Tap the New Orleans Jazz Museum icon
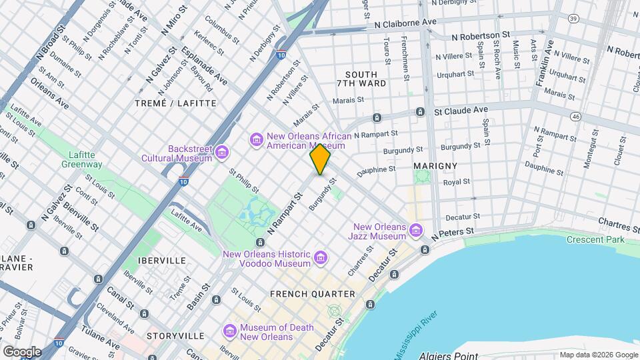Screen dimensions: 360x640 click(417, 231)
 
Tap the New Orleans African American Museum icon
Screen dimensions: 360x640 click(256, 139)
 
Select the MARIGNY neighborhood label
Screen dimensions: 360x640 click(435, 165)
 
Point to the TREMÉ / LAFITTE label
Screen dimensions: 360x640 click(175, 103)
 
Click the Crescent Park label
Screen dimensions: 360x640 click(595, 240)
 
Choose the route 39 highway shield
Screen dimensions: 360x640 click(573, 19)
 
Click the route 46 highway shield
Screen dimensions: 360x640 click(575, 116)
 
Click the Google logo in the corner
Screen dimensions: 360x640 click(22, 351)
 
